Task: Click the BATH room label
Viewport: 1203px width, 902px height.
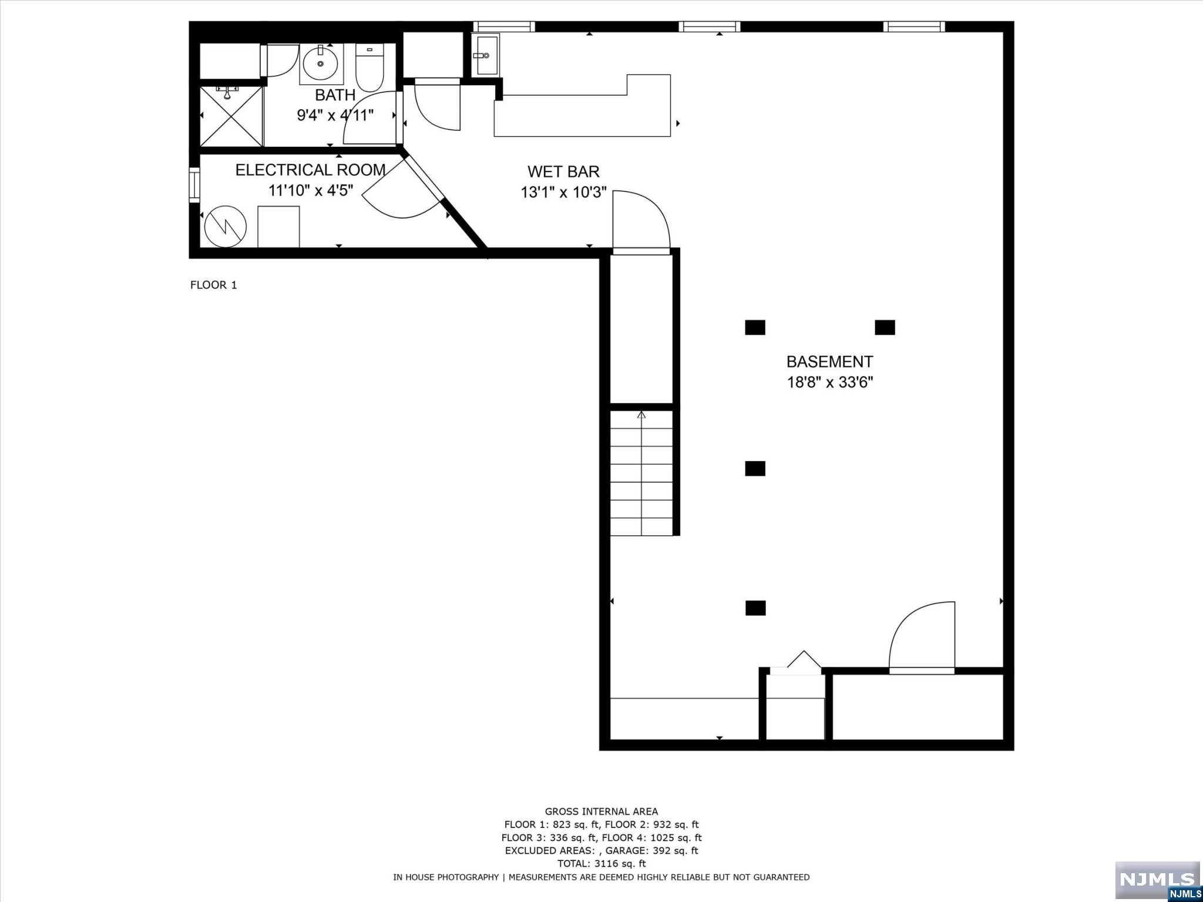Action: tap(335, 95)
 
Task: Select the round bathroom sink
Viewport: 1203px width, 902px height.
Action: tap(321, 63)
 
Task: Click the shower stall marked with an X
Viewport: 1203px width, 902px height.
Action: tap(231, 116)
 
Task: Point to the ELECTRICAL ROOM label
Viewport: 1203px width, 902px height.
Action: tap(310, 170)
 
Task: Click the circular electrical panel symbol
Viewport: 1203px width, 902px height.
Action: tap(226, 226)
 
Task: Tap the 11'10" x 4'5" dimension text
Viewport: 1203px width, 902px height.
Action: tap(310, 190)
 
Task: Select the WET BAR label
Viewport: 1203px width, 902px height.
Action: tap(563, 171)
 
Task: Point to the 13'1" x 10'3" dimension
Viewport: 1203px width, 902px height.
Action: tap(563, 192)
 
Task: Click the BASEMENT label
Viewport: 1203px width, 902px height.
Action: tap(829, 362)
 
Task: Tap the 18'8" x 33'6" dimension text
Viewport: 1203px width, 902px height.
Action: tap(829, 382)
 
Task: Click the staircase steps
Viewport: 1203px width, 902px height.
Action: tap(641, 476)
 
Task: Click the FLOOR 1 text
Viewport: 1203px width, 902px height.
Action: tap(213, 285)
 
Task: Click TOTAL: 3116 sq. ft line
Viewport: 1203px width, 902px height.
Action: tap(601, 863)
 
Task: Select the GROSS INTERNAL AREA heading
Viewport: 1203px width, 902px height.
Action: tap(601, 812)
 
